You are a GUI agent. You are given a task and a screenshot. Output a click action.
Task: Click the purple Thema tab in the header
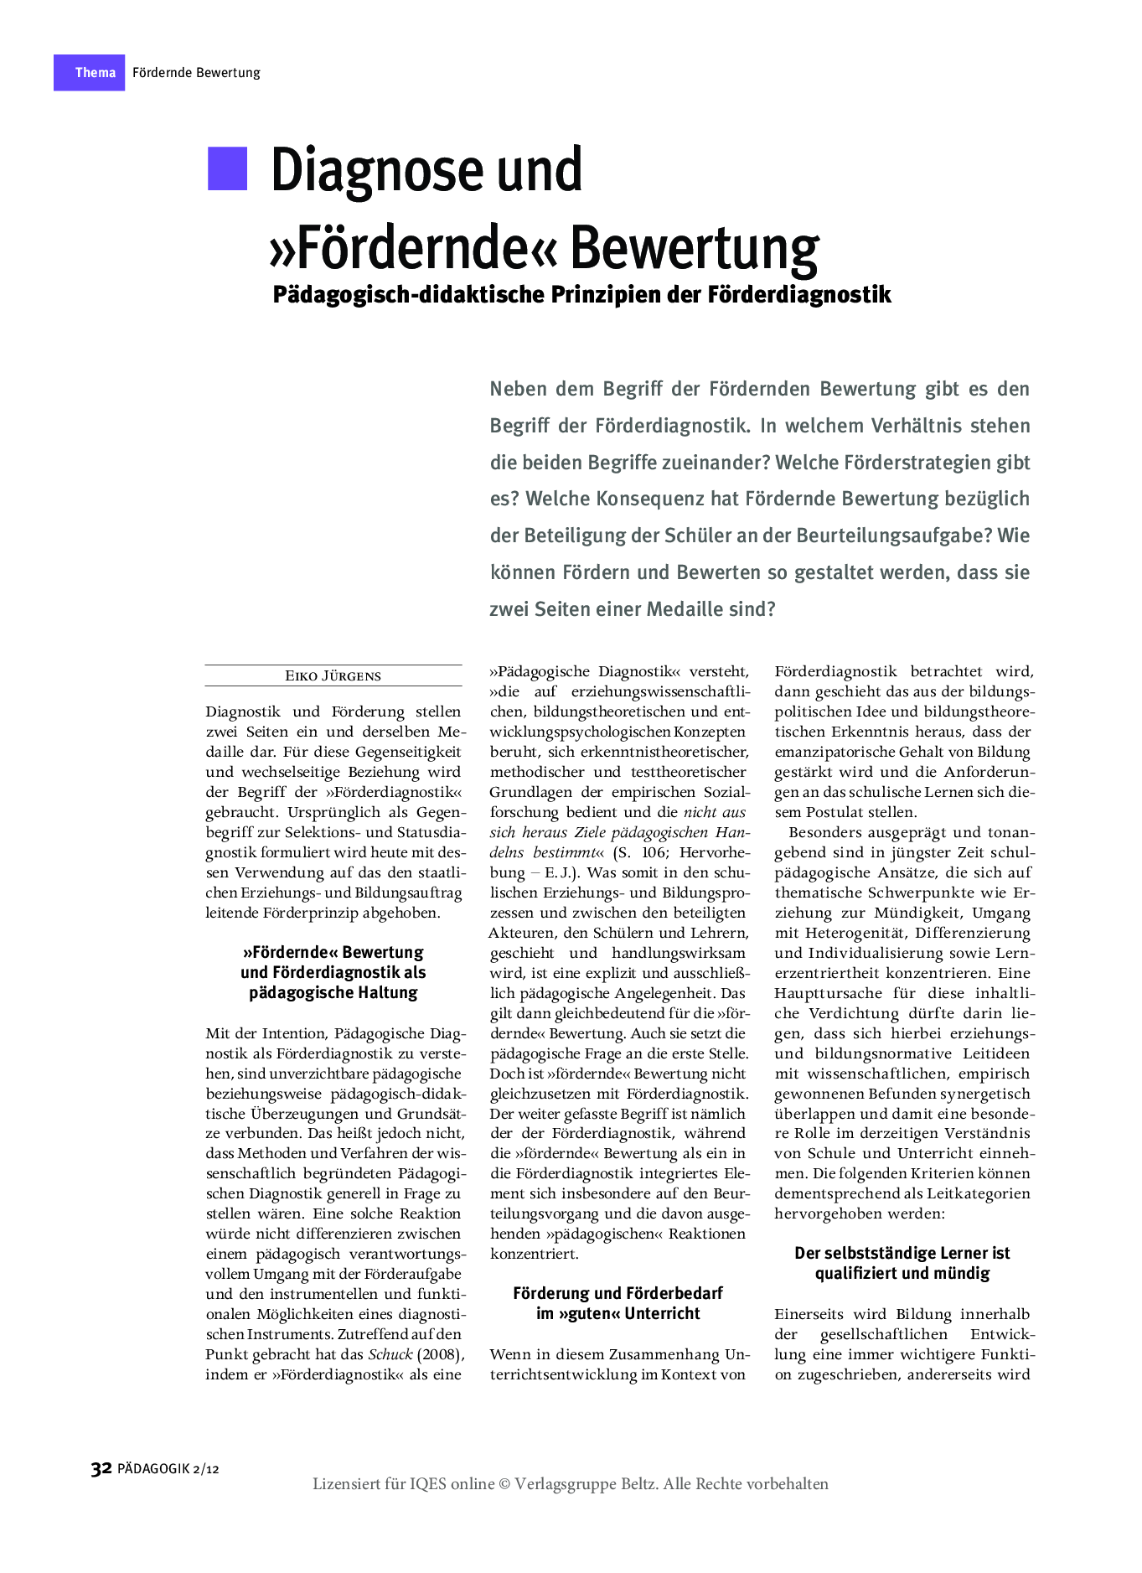[90, 73]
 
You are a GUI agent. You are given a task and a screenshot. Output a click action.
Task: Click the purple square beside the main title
[227, 168]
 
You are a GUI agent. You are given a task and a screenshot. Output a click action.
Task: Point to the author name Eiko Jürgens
[333, 676]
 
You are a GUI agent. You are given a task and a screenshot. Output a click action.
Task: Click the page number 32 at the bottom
[101, 1468]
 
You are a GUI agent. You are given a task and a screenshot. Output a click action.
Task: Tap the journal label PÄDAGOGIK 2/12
[168, 1469]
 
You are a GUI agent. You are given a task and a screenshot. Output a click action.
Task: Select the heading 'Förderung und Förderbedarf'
[618, 1293]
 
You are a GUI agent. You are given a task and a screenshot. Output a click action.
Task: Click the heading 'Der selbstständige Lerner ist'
[902, 1253]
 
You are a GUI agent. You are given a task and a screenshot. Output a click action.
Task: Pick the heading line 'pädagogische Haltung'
[333, 993]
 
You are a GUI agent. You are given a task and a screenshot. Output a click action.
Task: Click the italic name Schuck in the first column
[390, 1354]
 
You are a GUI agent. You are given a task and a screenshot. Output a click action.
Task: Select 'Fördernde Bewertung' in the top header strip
[196, 73]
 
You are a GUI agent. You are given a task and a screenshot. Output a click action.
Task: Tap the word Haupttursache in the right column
[828, 993]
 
